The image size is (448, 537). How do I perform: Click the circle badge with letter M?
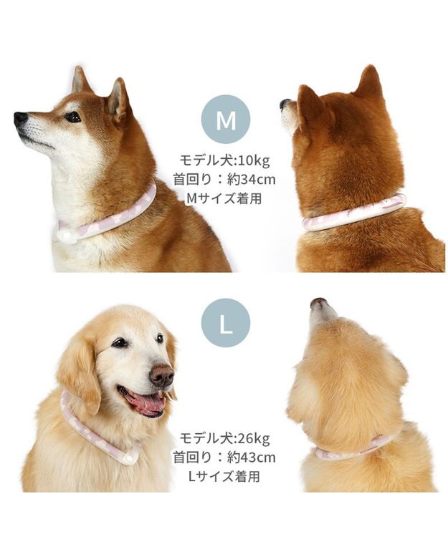pyautogui.click(x=226, y=120)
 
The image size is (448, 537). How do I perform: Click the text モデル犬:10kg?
pyautogui.click(x=226, y=160)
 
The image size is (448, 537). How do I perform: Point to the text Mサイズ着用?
pyautogui.click(x=224, y=198)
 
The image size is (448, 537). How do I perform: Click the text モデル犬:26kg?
pyautogui.click(x=226, y=437)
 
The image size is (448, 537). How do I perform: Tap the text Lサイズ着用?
pyautogui.click(x=224, y=475)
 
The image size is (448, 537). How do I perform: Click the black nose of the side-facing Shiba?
pyautogui.click(x=21, y=118)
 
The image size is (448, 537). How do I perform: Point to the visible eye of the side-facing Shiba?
pyautogui.click(x=72, y=116)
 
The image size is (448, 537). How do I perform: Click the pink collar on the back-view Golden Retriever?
pyautogui.click(x=355, y=450)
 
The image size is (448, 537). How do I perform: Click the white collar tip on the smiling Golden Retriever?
pyautogui.click(x=129, y=455)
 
